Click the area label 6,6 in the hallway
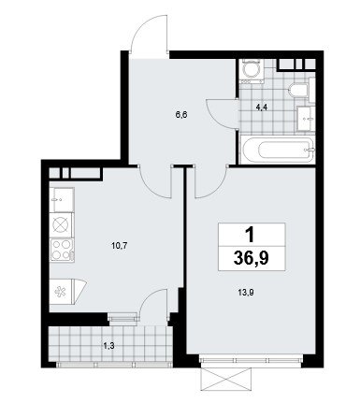[182, 115]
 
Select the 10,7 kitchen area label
[120, 246]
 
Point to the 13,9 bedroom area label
[246, 293]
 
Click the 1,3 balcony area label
[109, 345]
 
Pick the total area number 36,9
[252, 258]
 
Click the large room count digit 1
[251, 235]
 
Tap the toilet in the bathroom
[298, 89]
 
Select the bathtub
[278, 150]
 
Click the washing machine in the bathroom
[252, 71]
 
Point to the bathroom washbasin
[306, 119]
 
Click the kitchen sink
[62, 199]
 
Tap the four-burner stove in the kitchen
[62, 250]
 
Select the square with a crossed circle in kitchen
[61, 224]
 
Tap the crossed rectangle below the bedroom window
[225, 379]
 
